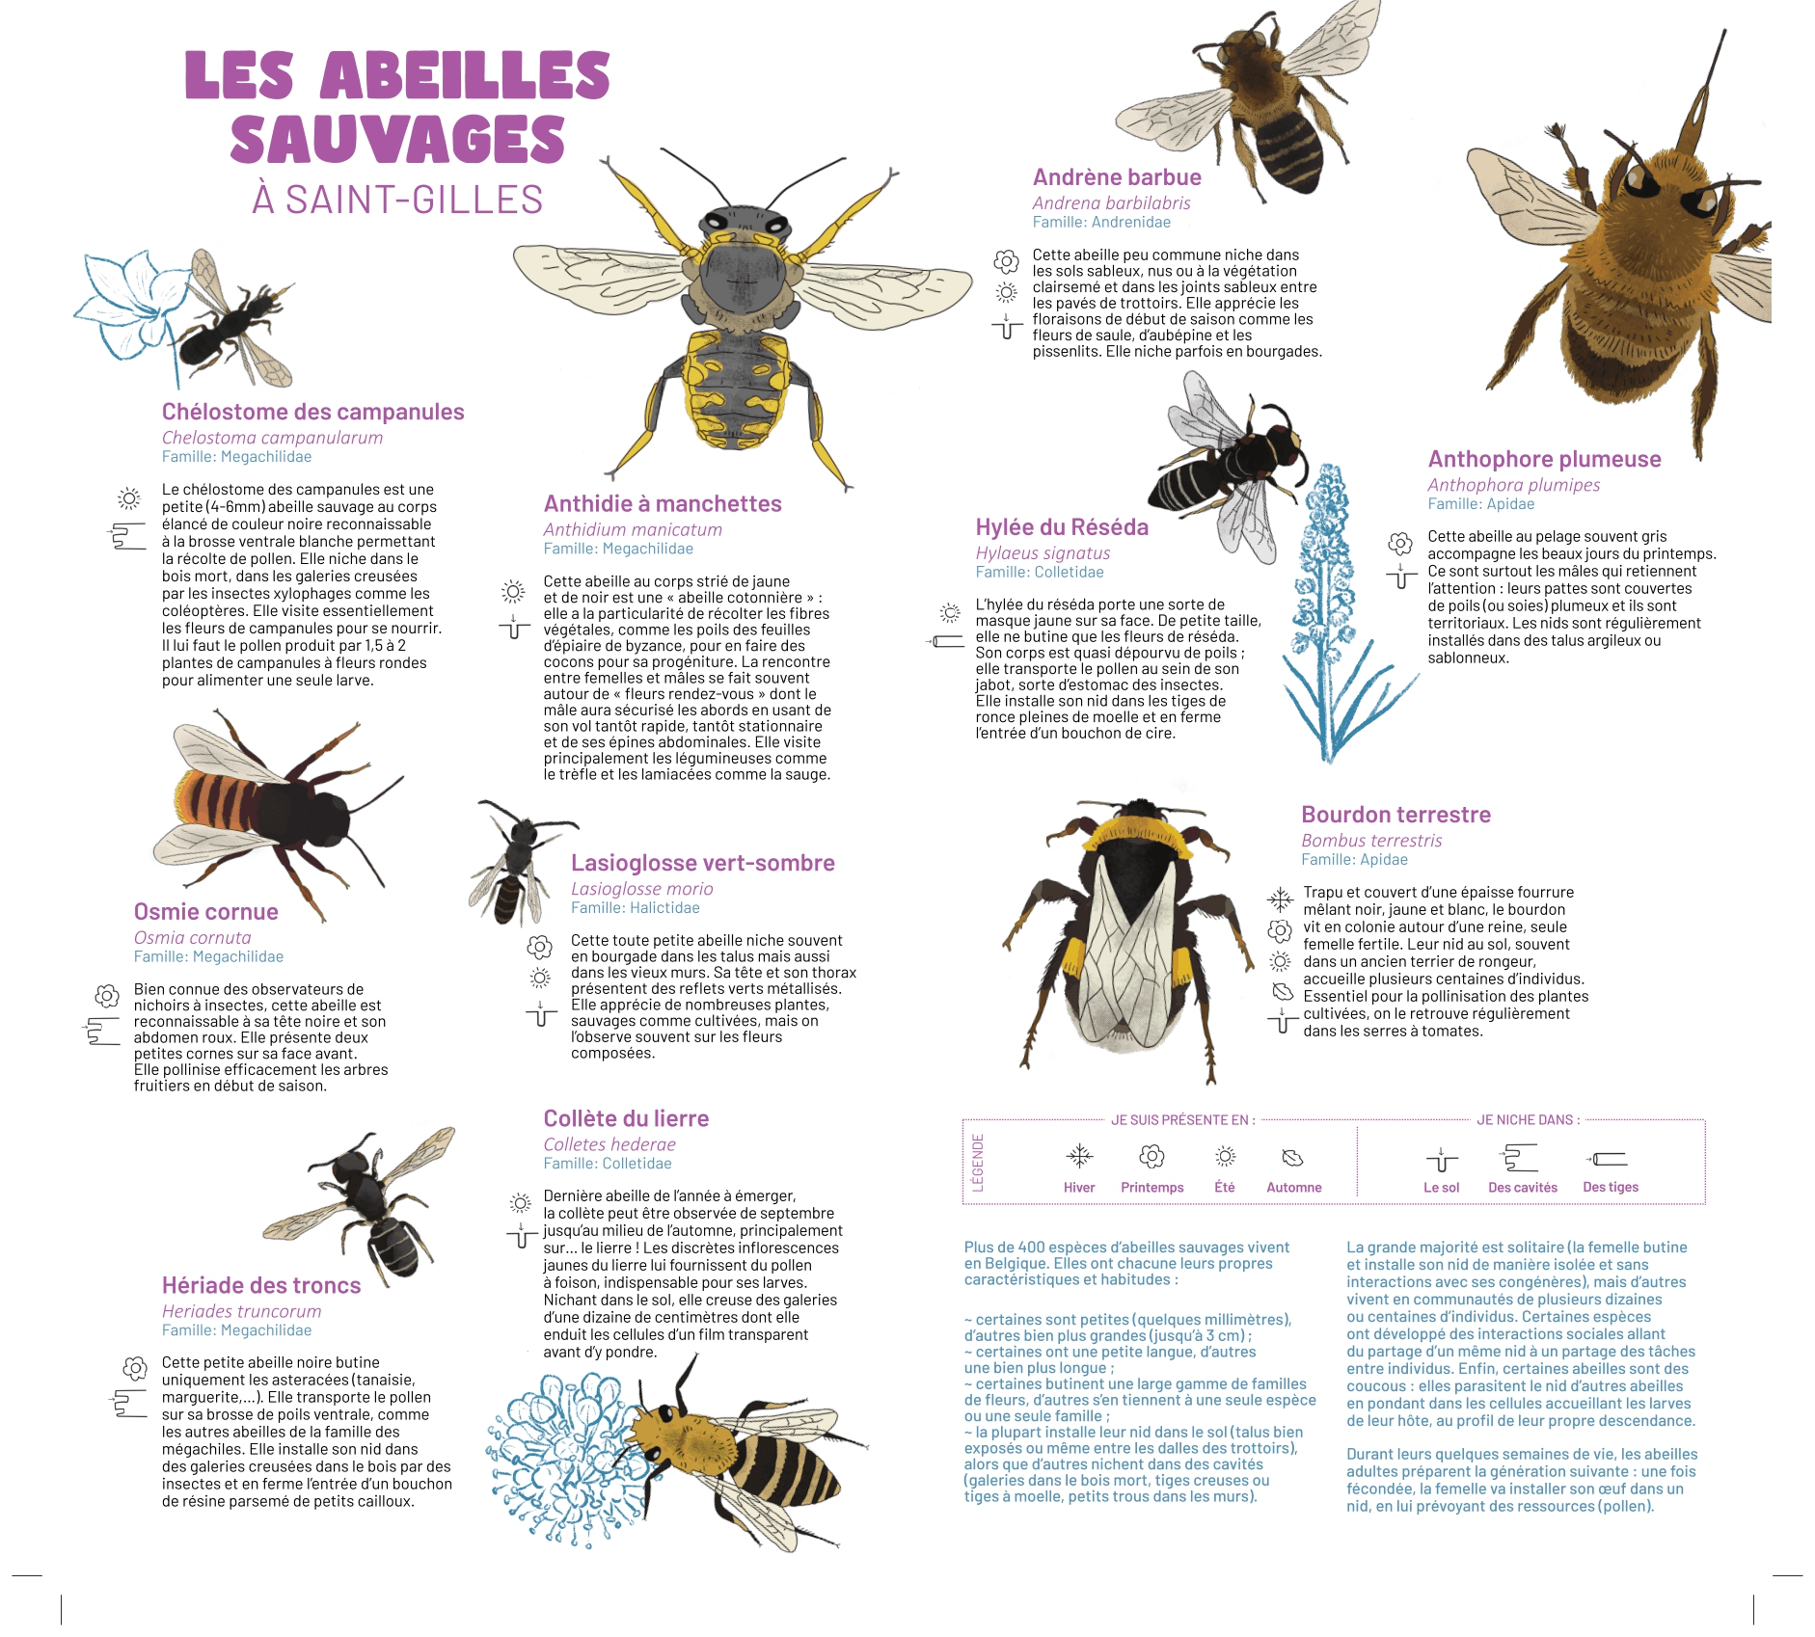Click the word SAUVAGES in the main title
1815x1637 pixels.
pyautogui.click(x=397, y=141)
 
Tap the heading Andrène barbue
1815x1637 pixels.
pyautogui.click(x=1116, y=177)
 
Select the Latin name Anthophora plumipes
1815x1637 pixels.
pyautogui.click(x=1513, y=485)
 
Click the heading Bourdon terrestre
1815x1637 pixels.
pyautogui.click(x=1395, y=815)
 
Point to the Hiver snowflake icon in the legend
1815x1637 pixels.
pyautogui.click(x=1079, y=1156)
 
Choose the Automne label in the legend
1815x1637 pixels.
pyautogui.click(x=1293, y=1188)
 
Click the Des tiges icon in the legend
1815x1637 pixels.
pyautogui.click(x=1609, y=1159)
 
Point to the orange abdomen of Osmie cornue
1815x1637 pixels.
pyautogui.click(x=217, y=796)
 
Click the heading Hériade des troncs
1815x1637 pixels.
pyautogui.click(x=261, y=1286)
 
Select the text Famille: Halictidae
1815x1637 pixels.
pyautogui.click(x=635, y=908)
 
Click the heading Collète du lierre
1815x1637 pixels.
pyautogui.click(x=626, y=1119)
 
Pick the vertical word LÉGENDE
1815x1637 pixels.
pyautogui.click(x=977, y=1162)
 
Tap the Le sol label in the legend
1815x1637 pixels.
pyautogui.click(x=1441, y=1188)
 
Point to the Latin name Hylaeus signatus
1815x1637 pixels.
pyautogui.click(x=1043, y=553)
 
